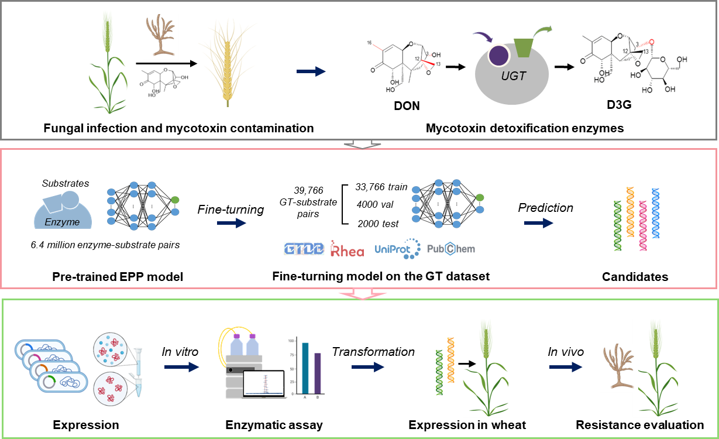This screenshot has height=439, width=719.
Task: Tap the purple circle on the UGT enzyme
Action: point(498,56)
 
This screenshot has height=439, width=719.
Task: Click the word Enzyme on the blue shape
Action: point(62,222)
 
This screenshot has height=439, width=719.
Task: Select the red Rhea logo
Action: point(347,249)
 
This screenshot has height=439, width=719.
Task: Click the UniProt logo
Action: point(397,249)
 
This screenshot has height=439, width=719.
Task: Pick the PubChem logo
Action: point(450,249)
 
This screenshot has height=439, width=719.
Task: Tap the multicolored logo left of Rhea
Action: point(304,249)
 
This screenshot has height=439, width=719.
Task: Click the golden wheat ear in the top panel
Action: point(227,63)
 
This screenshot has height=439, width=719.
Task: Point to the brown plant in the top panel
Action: point(161,37)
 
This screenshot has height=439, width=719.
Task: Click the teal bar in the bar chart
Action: point(305,368)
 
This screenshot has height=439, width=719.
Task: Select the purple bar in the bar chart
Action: point(318,373)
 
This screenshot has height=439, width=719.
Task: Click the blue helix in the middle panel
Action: point(656,213)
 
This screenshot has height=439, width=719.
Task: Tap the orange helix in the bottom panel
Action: point(450,360)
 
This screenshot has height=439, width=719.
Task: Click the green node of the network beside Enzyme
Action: point(175,201)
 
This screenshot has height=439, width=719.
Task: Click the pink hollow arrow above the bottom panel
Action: point(363,293)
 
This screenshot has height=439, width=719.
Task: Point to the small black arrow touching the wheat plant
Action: point(469,363)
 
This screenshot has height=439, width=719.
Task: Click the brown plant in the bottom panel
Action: point(616,367)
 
